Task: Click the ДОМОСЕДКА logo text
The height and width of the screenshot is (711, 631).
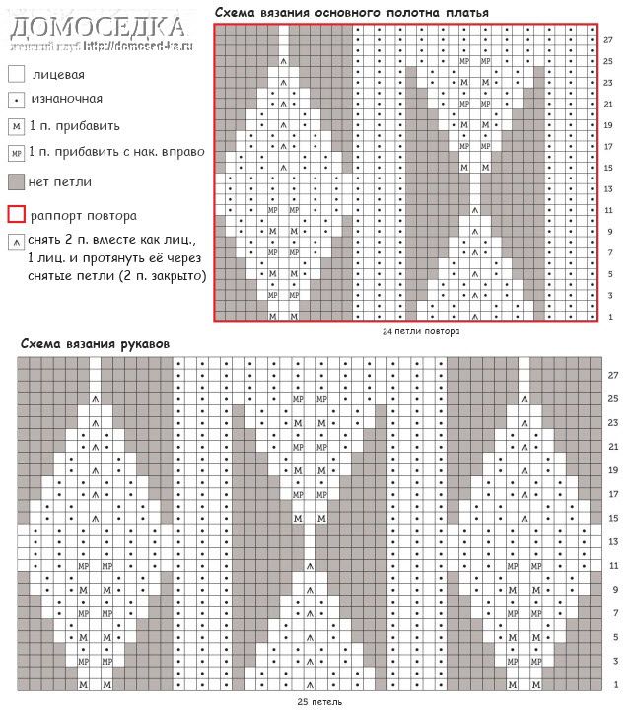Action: point(97,26)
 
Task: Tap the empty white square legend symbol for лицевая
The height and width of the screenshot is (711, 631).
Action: point(16,74)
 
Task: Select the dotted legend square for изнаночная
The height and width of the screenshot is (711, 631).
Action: point(16,99)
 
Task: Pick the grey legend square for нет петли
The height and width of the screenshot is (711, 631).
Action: point(16,182)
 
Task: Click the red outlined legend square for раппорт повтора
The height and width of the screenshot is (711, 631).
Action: point(16,214)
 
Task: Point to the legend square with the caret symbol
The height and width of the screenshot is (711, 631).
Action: point(16,241)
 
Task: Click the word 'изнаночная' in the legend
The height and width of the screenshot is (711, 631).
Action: point(67,99)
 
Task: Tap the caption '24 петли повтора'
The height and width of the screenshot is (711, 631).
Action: point(421,332)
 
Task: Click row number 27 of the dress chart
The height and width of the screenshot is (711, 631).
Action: point(608,39)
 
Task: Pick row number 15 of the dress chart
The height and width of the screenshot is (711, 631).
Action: point(608,168)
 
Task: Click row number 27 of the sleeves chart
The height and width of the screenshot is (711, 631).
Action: point(613,376)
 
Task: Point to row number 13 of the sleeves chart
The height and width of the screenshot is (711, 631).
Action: point(613,541)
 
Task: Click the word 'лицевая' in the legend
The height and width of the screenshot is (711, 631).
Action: point(58,74)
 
